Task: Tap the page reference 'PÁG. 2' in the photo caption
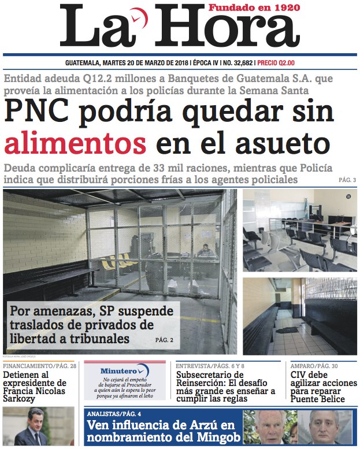tap(164, 340)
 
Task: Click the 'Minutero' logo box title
tap(118, 370)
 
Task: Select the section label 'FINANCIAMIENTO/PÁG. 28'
tap(39, 366)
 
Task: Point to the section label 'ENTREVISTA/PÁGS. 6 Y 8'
tap(210, 366)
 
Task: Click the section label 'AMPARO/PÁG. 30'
tap(314, 366)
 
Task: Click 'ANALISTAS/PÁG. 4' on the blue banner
tap(114, 414)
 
